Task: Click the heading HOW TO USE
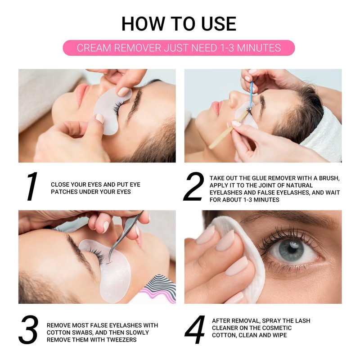point(179,24)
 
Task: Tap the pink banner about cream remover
point(179,48)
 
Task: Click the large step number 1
point(32,186)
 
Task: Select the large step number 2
point(194,186)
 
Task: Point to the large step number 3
point(28,330)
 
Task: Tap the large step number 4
point(195,329)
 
